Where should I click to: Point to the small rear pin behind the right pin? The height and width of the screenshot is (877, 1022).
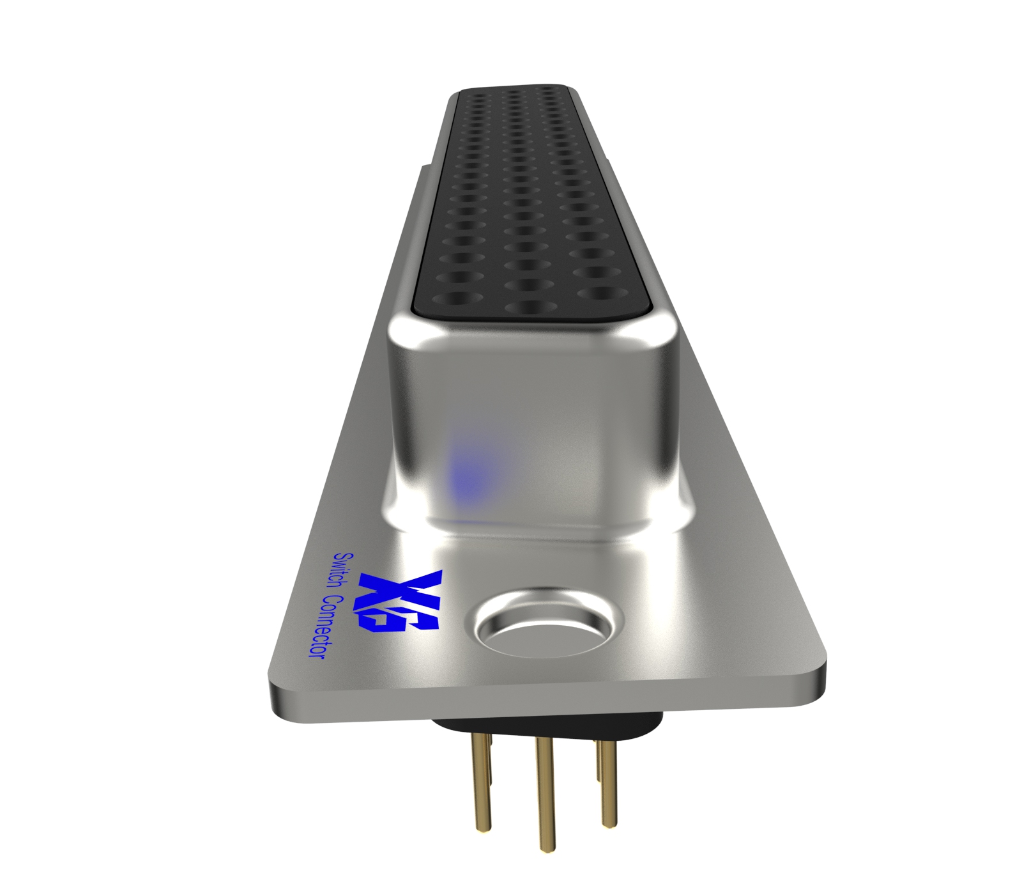pyautogui.click(x=598, y=761)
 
